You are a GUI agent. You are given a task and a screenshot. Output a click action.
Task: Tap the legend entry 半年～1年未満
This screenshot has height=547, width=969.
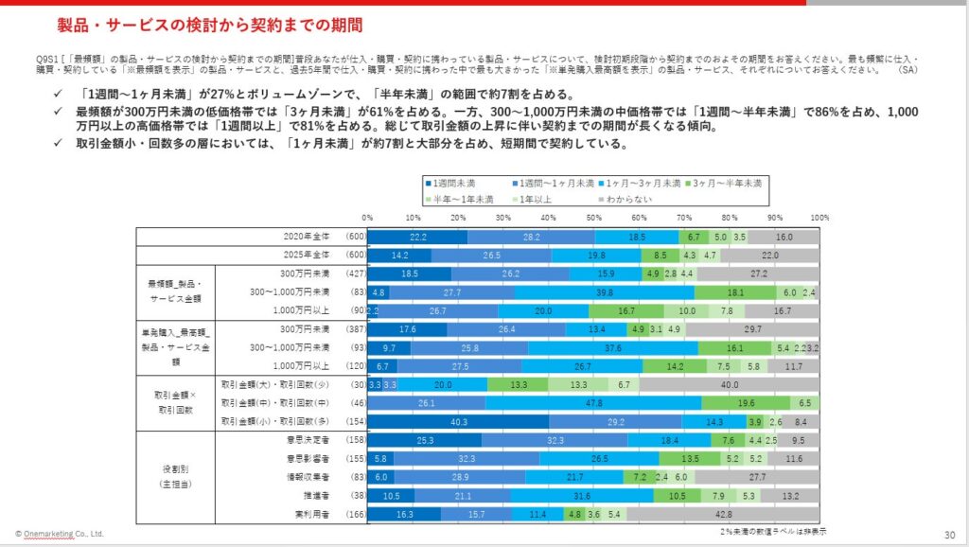pyautogui.click(x=464, y=199)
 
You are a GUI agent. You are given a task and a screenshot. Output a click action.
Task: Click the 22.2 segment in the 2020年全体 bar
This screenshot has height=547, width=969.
pyautogui.click(x=417, y=237)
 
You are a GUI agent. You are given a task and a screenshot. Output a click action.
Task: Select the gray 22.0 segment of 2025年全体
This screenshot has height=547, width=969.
pyautogui.click(x=769, y=255)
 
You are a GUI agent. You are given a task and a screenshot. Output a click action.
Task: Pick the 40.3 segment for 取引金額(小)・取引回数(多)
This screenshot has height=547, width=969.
pyautogui.click(x=458, y=421)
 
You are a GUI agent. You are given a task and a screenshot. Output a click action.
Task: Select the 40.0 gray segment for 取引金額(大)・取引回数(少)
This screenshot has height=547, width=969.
pyautogui.click(x=730, y=384)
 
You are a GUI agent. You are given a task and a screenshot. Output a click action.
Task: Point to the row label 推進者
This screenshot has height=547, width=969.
pyautogui.click(x=318, y=495)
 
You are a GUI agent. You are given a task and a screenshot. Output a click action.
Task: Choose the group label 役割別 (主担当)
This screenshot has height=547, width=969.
pyautogui.click(x=175, y=476)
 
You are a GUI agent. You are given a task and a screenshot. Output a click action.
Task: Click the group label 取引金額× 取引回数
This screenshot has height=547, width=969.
pyautogui.click(x=175, y=402)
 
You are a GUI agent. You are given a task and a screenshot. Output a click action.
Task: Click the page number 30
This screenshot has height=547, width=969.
pyautogui.click(x=949, y=534)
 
